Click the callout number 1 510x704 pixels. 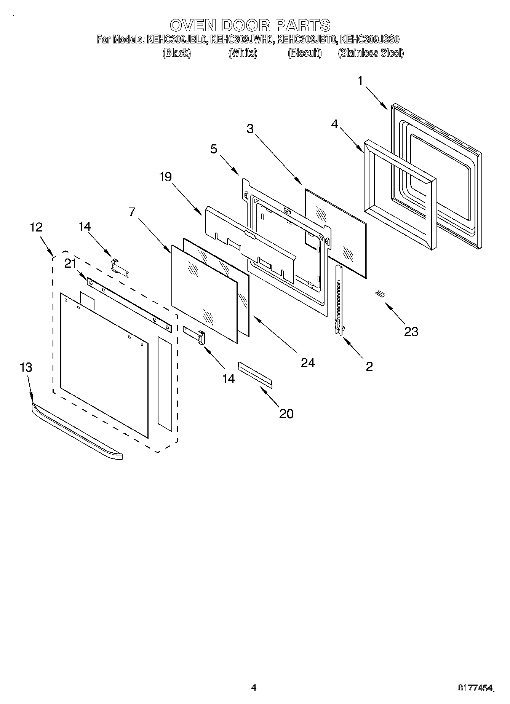[360, 81]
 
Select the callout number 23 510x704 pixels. [411, 332]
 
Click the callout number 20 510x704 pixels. [286, 413]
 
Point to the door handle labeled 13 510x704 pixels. [76, 431]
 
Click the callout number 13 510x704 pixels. [26, 367]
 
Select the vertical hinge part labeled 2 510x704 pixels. [338, 301]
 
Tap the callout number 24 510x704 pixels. [308, 363]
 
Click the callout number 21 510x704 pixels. [70, 263]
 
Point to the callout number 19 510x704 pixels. [166, 177]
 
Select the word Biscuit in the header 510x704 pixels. [304, 53]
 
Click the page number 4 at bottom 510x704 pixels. [254, 687]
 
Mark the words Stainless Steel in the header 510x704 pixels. [371, 53]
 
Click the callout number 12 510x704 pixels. [36, 227]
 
